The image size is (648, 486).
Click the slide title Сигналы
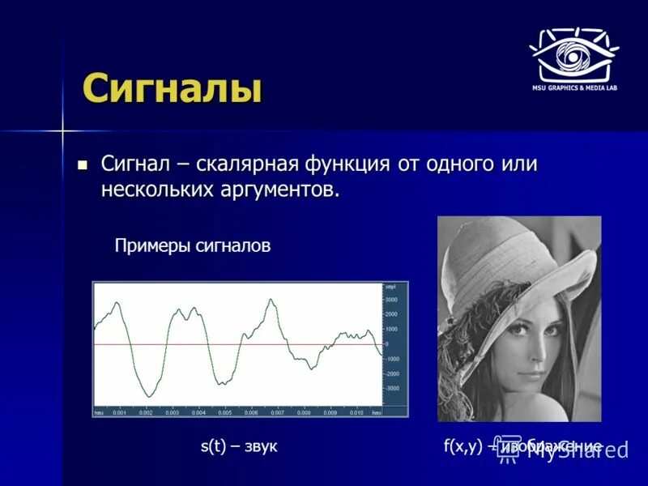pos(172,87)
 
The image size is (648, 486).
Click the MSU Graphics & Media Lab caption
pos(574,87)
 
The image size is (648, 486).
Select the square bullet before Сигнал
pos(81,164)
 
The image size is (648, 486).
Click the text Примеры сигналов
pos(193,246)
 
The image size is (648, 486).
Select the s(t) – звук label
pos(239,446)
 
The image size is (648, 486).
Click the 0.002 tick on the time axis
pos(146,413)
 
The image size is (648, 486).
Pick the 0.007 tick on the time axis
pos(277,413)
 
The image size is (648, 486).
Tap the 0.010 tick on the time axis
pos(356,413)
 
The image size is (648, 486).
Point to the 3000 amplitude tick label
pos(391,300)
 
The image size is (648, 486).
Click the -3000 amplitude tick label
pos(391,389)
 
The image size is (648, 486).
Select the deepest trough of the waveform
pos(147,395)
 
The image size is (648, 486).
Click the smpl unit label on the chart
pos(391,287)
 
